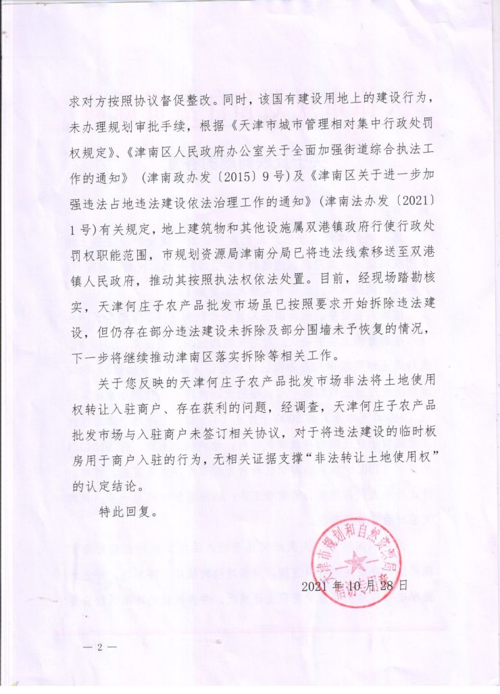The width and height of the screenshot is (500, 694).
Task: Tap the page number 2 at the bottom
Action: (x=99, y=647)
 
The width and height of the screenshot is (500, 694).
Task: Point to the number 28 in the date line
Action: (x=386, y=585)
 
